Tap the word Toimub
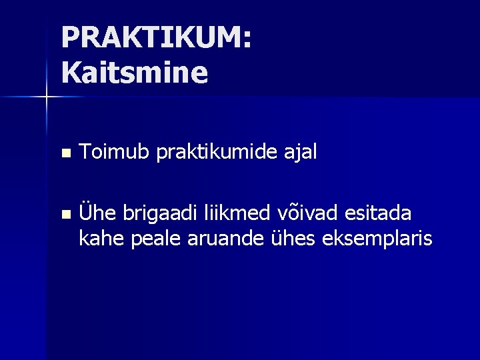pyautogui.click(x=114, y=153)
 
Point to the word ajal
pyautogui.click(x=302, y=154)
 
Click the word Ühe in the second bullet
pyautogui.click(x=95, y=213)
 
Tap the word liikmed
pyautogui.click(x=235, y=213)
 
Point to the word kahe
pyautogui.click(x=97, y=237)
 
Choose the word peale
pyautogui.click(x=148, y=239)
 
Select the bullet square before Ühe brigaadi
pyautogui.click(x=65, y=215)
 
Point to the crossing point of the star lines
pyautogui.click(x=47, y=97)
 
